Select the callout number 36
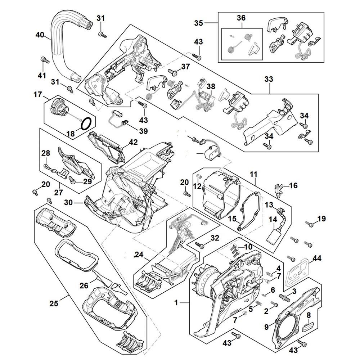(241, 18)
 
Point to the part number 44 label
(317, 258)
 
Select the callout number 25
(54, 303)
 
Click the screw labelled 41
(42, 59)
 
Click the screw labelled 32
(199, 245)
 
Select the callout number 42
(133, 142)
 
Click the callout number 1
(176, 303)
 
